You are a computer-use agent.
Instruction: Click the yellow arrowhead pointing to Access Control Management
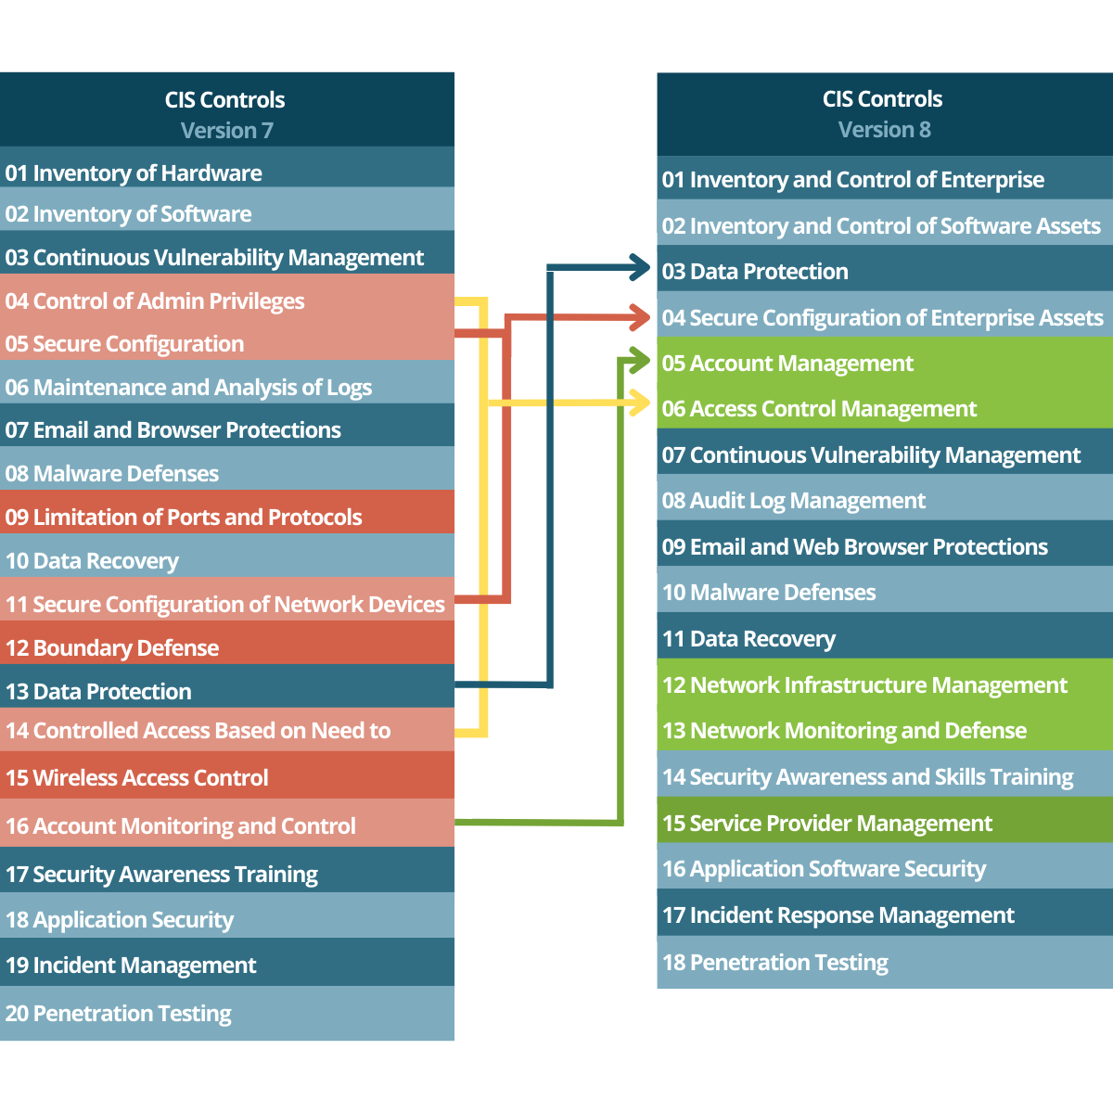[641, 403]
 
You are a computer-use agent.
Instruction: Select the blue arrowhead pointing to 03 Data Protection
[641, 267]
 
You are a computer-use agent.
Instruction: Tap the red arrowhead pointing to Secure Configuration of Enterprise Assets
[641, 317]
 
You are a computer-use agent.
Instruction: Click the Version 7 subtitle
[226, 131]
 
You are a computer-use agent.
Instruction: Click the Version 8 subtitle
[884, 130]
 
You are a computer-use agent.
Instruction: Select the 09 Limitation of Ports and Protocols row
[184, 517]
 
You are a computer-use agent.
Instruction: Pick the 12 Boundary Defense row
[112, 647]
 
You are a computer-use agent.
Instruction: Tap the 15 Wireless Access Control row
[137, 777]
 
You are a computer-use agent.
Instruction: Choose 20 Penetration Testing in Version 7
[119, 1013]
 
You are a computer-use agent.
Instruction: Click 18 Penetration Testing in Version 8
[775, 963]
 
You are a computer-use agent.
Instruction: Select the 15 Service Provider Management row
[827, 823]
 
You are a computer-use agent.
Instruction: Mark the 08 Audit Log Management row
[794, 501]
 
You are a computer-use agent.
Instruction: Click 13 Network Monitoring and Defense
[844, 731]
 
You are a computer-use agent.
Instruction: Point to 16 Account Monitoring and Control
[181, 825]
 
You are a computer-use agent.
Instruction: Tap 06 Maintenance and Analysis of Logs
[188, 387]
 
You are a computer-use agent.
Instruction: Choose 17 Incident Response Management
[838, 915]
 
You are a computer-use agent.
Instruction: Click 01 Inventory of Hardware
[134, 173]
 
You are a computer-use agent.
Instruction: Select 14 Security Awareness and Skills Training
[867, 776]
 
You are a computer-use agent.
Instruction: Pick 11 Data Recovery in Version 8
[748, 639]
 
